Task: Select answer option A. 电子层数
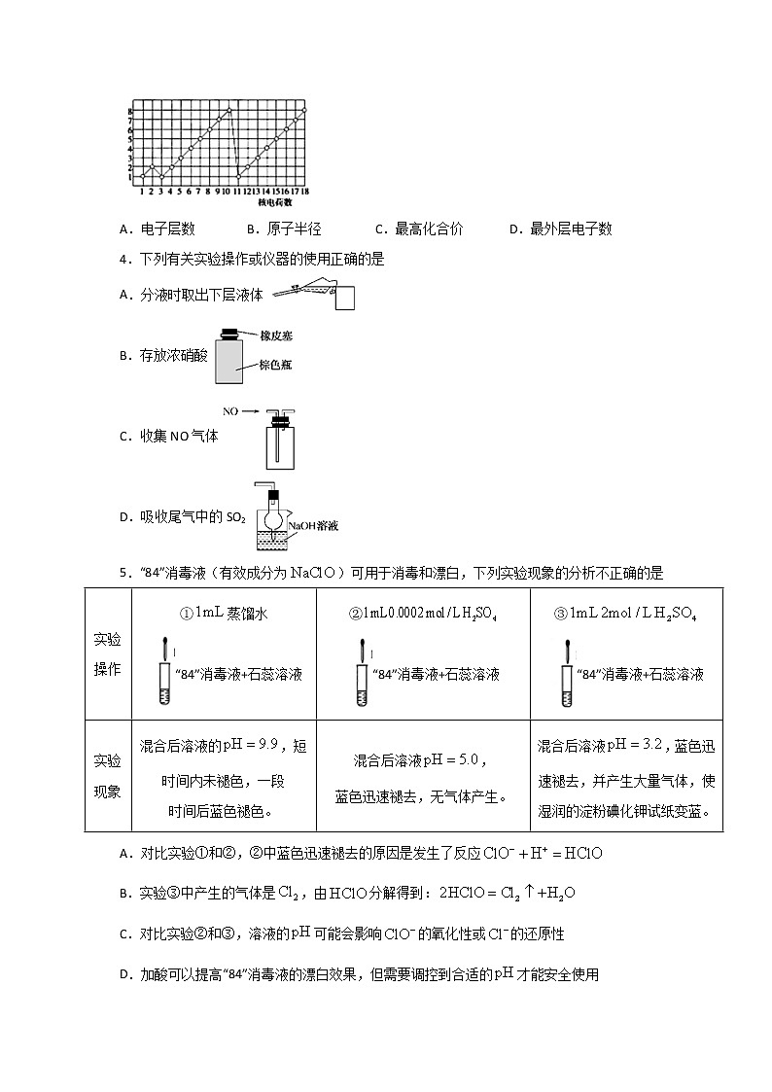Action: [x=157, y=229]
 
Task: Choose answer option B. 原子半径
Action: [x=283, y=229]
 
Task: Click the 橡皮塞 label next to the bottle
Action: [x=276, y=335]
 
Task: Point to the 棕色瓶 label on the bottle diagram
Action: [x=276, y=365]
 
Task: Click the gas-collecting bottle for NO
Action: [x=280, y=446]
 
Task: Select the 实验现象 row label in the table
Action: [x=107, y=775]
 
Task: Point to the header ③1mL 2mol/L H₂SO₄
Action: [x=625, y=615]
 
